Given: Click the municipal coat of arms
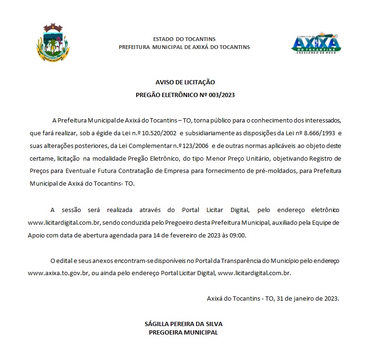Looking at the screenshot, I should pyautogui.click(x=52, y=42).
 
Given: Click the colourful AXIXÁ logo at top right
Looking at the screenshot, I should pyautogui.click(x=316, y=43).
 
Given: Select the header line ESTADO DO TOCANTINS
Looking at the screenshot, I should pyautogui.click(x=184, y=39).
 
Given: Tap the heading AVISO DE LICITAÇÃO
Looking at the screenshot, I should pyautogui.click(x=185, y=82).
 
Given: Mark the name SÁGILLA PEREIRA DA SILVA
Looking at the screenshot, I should pyautogui.click(x=183, y=324).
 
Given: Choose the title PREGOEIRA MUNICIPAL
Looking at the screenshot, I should pyautogui.click(x=183, y=332).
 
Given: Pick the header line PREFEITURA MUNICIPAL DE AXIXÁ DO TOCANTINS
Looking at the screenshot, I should pyautogui.click(x=184, y=47).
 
